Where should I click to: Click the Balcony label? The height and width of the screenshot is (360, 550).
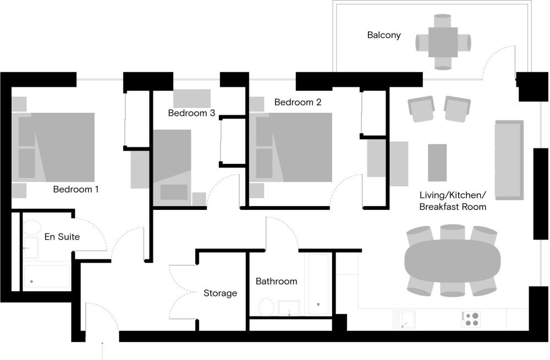pos(384,35)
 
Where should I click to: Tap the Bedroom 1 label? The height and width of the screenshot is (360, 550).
pos(76,189)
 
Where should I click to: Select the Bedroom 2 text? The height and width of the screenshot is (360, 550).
pos(298,102)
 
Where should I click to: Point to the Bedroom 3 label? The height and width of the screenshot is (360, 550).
pos(191,113)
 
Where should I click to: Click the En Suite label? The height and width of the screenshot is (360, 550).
pos(62,237)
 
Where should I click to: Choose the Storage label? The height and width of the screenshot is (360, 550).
pos(221,293)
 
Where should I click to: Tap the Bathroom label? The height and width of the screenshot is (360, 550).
pos(277,281)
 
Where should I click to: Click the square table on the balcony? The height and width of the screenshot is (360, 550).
pos(443,42)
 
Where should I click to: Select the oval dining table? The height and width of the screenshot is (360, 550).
pos(453,260)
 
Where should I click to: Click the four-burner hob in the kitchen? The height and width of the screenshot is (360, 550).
pos(471,319)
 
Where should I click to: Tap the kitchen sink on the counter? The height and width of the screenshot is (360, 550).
pos(404,319)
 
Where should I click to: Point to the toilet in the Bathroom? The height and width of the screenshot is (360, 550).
pos(266,307)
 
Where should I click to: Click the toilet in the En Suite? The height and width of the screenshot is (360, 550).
pos(31,228)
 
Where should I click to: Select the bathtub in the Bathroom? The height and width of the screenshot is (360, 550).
pos(318,284)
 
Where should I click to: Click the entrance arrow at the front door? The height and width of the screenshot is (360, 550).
pos(102,350)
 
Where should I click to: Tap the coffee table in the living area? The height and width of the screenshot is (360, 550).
pos(437,163)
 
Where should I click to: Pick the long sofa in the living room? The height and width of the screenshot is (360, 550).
pos(509,160)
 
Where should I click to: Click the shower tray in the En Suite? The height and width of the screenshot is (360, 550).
pos(47,276)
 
